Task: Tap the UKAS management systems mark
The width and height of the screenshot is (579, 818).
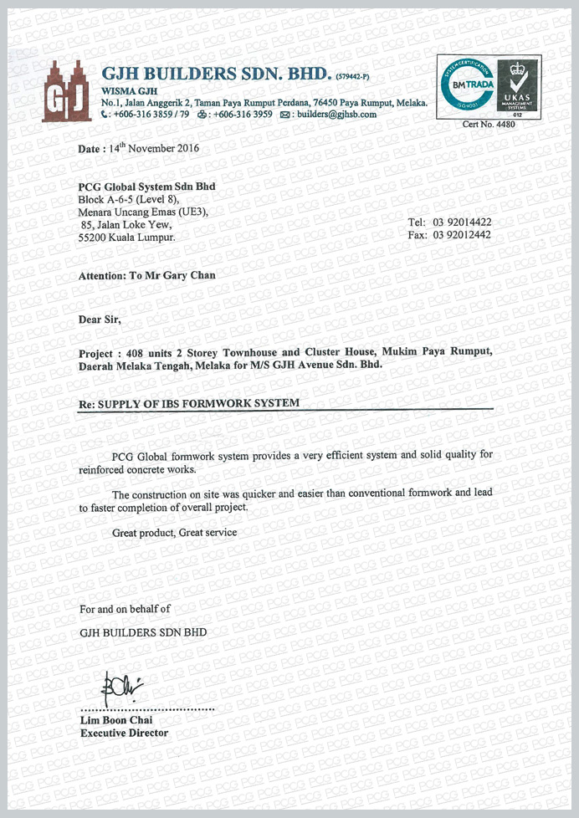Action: pos(516,87)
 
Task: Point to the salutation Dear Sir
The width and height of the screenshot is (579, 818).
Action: pos(100,319)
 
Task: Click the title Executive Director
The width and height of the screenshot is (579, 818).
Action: pos(124,733)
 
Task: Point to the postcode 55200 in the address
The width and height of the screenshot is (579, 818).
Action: pos(93,237)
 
